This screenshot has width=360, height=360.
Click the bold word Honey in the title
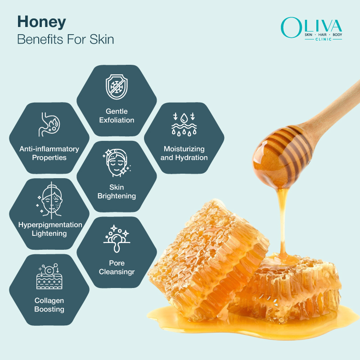pyautogui.click(x=41, y=22)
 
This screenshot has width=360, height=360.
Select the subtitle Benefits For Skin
pyautogui.click(x=65, y=39)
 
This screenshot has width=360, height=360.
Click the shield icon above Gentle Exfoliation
pyautogui.click(x=117, y=87)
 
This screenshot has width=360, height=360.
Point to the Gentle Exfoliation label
pyautogui.click(x=117, y=116)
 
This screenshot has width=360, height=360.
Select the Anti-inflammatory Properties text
pyautogui.click(x=49, y=153)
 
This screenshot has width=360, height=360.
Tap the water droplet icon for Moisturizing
pyautogui.click(x=184, y=124)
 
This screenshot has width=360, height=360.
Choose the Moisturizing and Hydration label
pyautogui.click(x=184, y=153)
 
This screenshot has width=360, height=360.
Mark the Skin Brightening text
pyautogui.click(x=117, y=191)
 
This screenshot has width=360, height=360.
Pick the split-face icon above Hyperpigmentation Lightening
pyautogui.click(x=49, y=200)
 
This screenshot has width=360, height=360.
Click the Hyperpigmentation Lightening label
pyautogui.click(x=49, y=229)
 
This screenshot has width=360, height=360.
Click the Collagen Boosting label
pyautogui.click(x=49, y=305)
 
